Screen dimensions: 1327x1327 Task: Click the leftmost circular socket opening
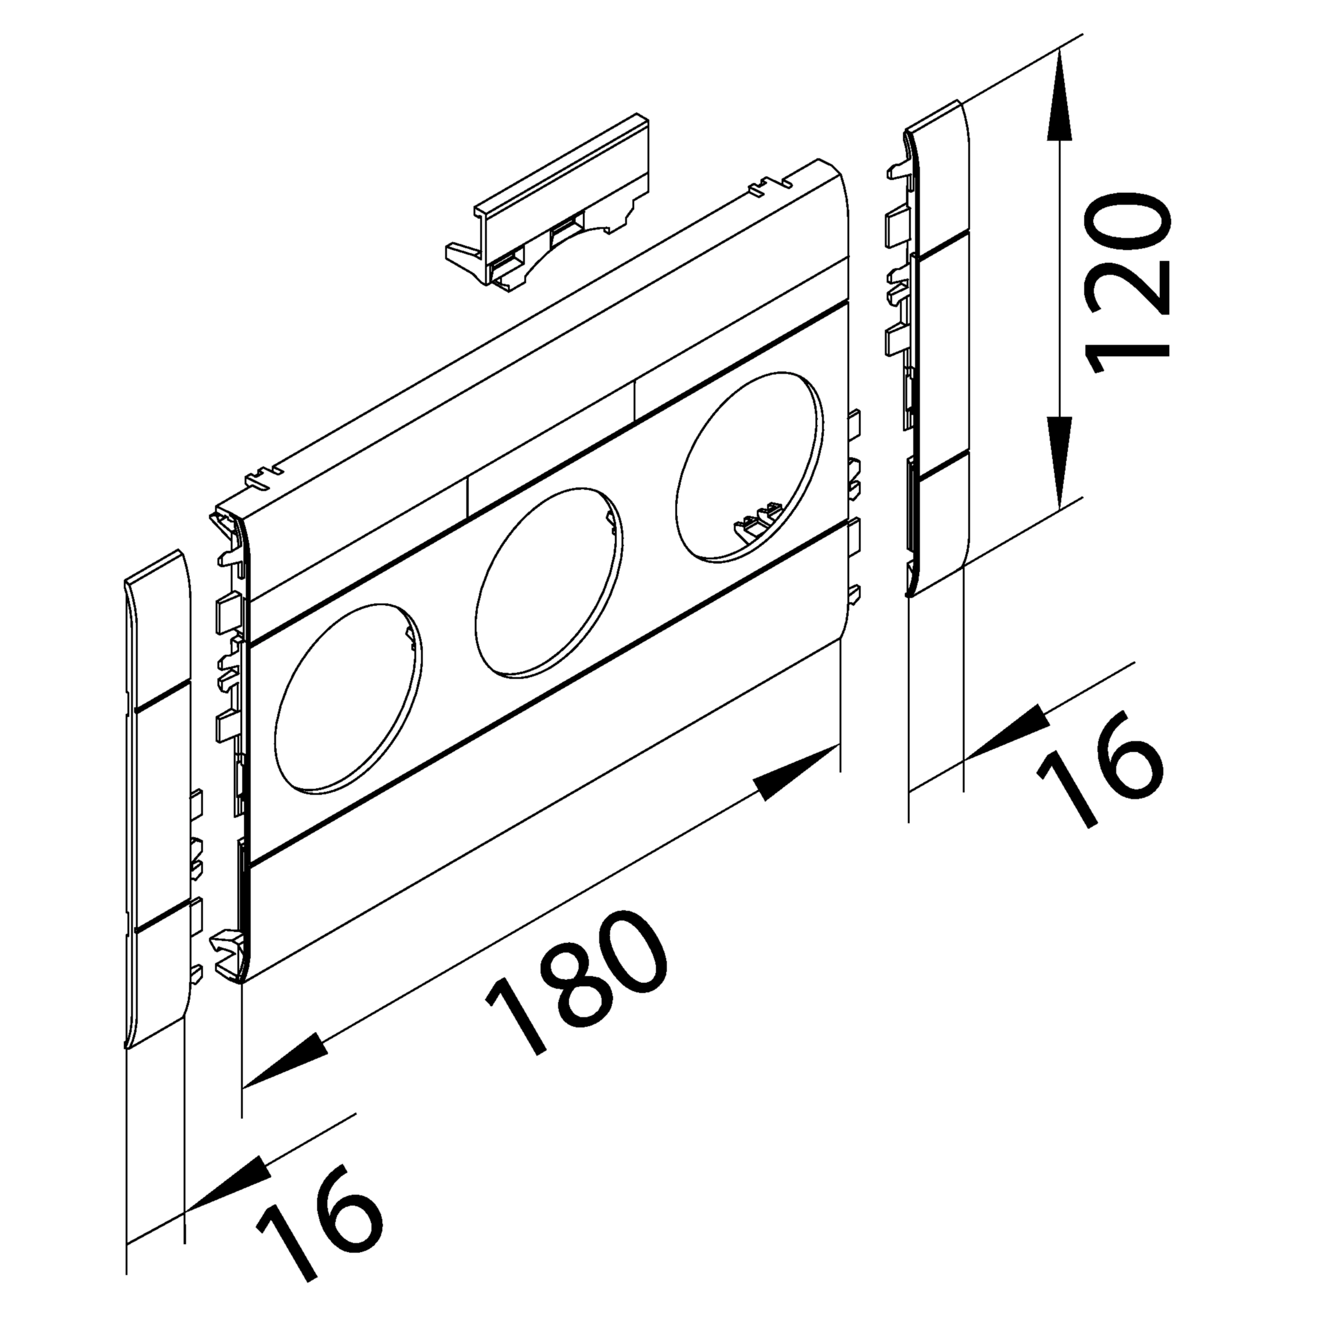pyautogui.click(x=348, y=700)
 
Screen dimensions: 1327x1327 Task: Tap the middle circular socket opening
pyautogui.click(x=549, y=581)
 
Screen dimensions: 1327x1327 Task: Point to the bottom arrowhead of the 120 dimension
pyautogui.click(x=1061, y=462)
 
